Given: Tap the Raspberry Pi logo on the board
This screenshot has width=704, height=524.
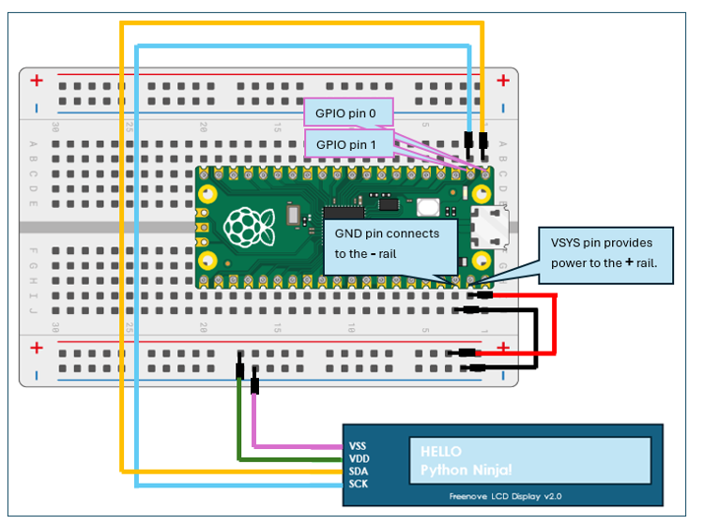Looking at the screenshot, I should (245, 225).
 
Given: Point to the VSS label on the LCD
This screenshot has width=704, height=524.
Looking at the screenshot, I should (358, 445).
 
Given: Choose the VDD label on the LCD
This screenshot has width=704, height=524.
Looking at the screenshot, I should (358, 458).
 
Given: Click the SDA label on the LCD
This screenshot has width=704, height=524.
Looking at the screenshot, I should (358, 472).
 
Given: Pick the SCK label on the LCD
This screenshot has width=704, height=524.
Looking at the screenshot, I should (358, 484).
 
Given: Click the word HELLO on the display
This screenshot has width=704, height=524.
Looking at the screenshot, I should (441, 452).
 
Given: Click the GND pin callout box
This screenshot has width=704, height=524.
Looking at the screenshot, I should (390, 247).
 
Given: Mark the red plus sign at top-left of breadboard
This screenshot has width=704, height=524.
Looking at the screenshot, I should (36, 81).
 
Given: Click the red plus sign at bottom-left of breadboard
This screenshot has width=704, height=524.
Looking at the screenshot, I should (36, 348).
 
